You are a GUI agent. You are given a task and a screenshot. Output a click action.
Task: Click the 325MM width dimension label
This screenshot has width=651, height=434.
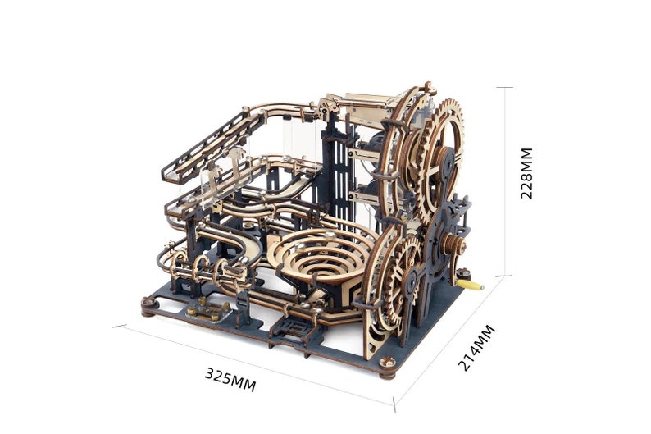(230, 379)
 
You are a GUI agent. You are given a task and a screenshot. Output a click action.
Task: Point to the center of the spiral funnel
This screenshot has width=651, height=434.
(315, 258)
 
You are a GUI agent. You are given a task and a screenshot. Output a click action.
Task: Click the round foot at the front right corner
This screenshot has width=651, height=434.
(388, 366)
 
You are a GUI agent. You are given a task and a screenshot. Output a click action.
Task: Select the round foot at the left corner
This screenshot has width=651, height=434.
(148, 307)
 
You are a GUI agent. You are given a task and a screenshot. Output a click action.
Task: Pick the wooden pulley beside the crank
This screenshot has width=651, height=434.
(453, 244)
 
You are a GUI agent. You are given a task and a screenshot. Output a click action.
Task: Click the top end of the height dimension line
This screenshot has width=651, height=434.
(504, 87)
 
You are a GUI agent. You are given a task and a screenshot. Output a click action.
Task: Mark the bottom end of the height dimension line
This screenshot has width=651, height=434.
(504, 276)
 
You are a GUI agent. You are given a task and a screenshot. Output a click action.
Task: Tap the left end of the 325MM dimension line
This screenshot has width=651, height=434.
(114, 326)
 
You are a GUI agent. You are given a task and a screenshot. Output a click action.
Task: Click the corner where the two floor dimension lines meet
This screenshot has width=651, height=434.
(394, 405)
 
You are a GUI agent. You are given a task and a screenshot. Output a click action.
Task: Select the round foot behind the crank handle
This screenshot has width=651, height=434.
(465, 273)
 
